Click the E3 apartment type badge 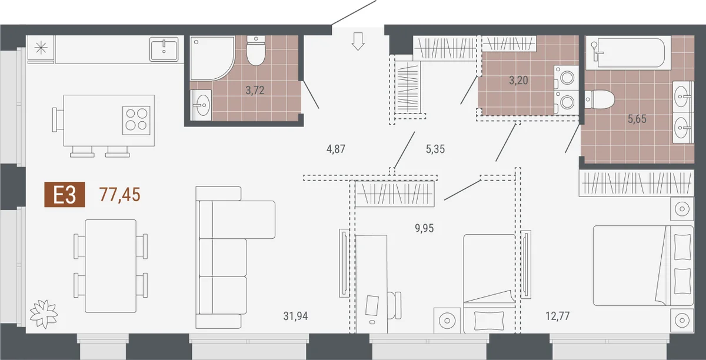[x=65, y=195]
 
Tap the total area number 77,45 [x=120, y=195]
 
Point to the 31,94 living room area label [x=295, y=316]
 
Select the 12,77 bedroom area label [x=558, y=316]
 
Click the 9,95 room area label [x=424, y=228]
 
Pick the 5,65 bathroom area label [x=637, y=119]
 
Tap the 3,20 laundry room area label [x=518, y=81]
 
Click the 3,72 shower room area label [x=255, y=91]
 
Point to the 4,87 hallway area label [x=336, y=149]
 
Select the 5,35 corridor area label [x=435, y=149]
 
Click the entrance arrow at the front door [x=358, y=41]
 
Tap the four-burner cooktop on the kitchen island [x=136, y=121]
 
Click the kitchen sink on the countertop [x=164, y=49]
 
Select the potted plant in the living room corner [x=44, y=314]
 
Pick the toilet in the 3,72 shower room [x=255, y=51]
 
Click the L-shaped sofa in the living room [x=235, y=258]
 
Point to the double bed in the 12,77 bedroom [x=643, y=265]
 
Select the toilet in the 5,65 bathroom [x=600, y=99]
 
